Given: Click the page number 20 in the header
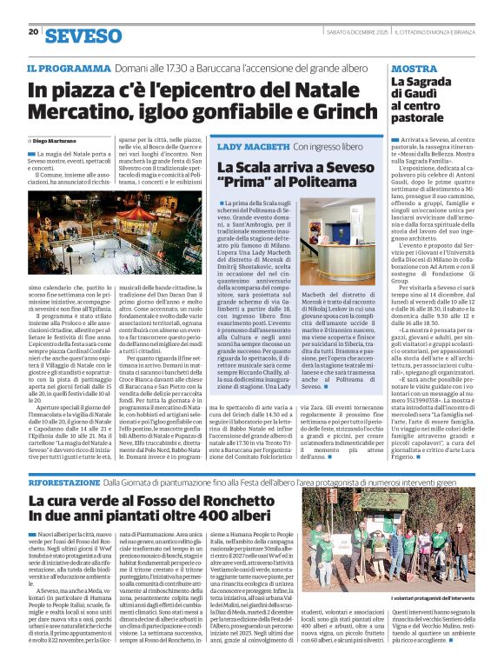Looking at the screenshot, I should tap(33, 31).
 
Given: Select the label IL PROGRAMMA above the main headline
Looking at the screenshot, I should tap(68, 69).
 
